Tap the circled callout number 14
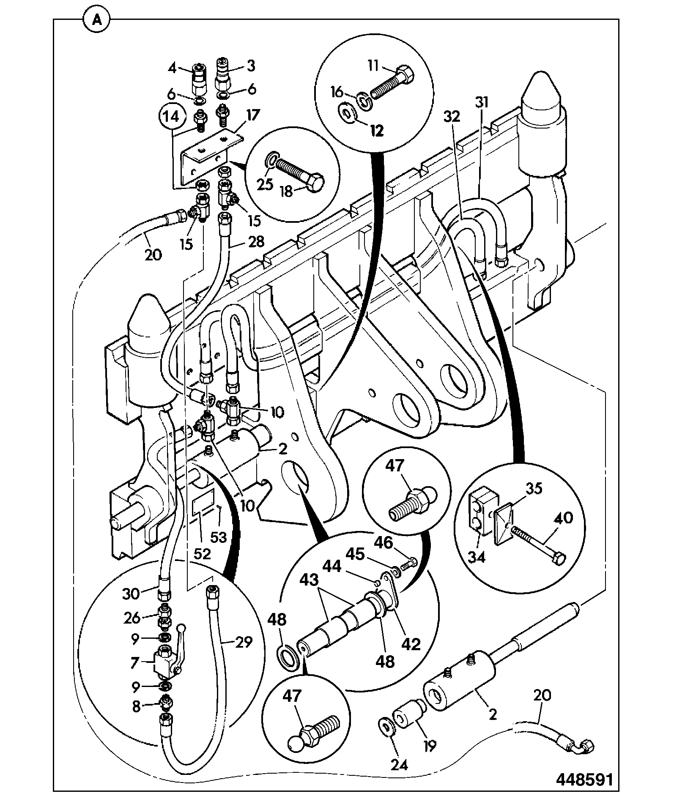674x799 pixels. click(172, 116)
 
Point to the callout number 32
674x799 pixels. click(452, 116)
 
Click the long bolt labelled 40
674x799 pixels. click(537, 543)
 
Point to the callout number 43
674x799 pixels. click(310, 580)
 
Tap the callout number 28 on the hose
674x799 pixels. click(255, 241)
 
